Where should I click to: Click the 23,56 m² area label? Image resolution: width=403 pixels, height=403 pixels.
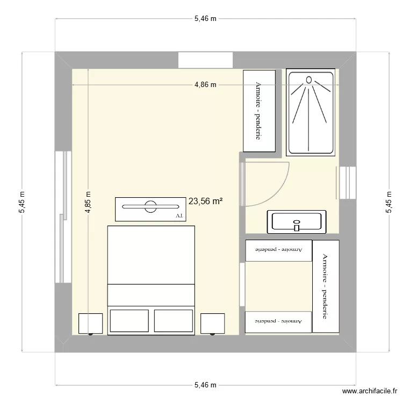click(x=206, y=201)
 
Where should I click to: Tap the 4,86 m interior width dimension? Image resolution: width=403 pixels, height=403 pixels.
click(x=206, y=84)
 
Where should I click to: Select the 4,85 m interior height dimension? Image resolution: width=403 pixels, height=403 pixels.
click(x=89, y=203)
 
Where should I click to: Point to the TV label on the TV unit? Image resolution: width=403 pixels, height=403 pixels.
click(x=179, y=215)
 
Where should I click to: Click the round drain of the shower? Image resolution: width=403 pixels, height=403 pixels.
click(x=308, y=80)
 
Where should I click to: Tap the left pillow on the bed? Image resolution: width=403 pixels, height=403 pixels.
click(x=129, y=320)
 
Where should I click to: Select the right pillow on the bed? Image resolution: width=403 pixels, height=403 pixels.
click(x=173, y=320)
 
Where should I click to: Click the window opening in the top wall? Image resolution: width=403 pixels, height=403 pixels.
click(x=205, y=60)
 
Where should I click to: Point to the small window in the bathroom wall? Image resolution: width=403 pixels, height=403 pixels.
click(x=348, y=183)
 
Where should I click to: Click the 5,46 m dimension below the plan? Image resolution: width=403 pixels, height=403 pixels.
click(x=205, y=385)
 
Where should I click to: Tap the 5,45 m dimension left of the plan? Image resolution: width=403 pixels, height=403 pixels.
click(x=21, y=203)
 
